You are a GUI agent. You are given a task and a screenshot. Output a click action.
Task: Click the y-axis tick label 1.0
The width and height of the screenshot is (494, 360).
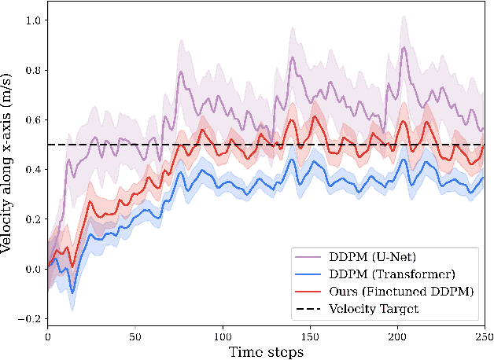pyautogui.click(x=34, y=20)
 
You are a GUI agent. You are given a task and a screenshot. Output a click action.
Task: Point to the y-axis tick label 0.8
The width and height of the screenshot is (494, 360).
pyautogui.click(x=34, y=69)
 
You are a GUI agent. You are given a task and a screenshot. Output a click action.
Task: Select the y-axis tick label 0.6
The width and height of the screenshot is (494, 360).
pyautogui.click(x=34, y=119)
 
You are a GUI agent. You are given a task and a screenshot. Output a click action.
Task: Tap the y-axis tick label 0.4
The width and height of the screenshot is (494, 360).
pyautogui.click(x=34, y=169)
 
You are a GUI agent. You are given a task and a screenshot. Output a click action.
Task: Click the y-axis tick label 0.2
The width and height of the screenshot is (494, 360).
pyautogui.click(x=34, y=219)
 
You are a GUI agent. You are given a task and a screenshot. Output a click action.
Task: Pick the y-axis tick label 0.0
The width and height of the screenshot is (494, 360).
pyautogui.click(x=34, y=269)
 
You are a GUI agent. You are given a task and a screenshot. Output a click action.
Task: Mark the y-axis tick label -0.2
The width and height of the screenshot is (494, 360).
pyautogui.click(x=31, y=319)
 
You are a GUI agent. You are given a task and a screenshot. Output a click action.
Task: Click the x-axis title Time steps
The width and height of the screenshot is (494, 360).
pyautogui.click(x=266, y=351)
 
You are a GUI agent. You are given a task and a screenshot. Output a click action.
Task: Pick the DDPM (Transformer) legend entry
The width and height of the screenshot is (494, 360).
pyautogui.click(x=377, y=274)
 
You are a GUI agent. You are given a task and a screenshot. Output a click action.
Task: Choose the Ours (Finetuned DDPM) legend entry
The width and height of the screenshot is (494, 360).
pyautogui.click(x=384, y=291)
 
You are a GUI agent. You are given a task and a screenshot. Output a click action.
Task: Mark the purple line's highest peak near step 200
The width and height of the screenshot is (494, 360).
pyautogui.click(x=404, y=48)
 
